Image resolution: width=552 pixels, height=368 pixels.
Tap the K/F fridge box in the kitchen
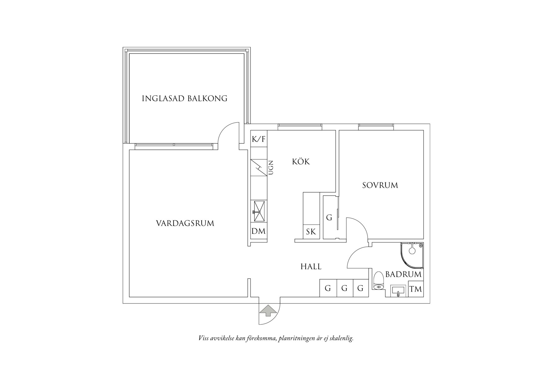(x=259, y=139)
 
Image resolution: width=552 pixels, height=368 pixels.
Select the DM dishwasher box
(x=259, y=231)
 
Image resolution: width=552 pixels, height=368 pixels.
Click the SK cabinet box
(x=311, y=232)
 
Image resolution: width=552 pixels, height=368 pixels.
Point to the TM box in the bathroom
(x=416, y=289)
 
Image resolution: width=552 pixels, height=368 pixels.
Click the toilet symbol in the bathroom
(x=379, y=280)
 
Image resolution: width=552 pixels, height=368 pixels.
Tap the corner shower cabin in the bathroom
(x=412, y=255)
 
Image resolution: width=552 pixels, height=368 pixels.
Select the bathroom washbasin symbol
(x=398, y=291)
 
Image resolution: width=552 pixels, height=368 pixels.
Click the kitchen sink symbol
(x=259, y=211)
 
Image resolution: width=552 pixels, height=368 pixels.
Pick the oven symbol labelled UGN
(x=259, y=168)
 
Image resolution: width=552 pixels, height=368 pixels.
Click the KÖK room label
(x=301, y=162)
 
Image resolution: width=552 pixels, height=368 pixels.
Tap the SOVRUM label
(x=380, y=185)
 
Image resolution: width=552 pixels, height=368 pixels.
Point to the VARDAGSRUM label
(x=185, y=223)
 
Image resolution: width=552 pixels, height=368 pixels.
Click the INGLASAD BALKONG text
(x=185, y=99)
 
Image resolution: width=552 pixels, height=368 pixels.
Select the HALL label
(x=311, y=267)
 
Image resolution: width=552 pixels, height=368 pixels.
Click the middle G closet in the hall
(x=345, y=288)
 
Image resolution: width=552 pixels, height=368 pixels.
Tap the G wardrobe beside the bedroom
(x=329, y=218)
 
